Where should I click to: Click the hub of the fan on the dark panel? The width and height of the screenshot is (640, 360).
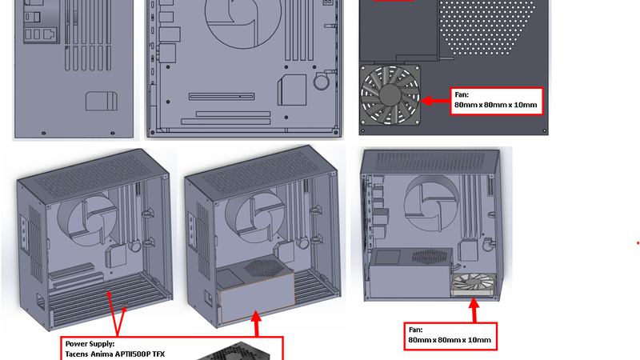pyautogui.click(x=390, y=94)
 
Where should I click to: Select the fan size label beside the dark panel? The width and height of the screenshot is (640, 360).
pyautogui.click(x=496, y=101)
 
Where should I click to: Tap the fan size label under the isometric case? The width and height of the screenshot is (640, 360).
pyautogui.click(x=450, y=336)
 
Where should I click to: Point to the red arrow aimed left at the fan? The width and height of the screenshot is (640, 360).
pyautogui.click(x=435, y=101)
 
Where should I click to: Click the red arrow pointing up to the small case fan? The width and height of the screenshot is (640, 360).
pyautogui.click(x=474, y=310)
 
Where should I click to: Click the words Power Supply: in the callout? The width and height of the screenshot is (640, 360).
pyautogui.click(x=90, y=344)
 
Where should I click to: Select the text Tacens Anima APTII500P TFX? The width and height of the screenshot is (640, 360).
pyautogui.click(x=115, y=354)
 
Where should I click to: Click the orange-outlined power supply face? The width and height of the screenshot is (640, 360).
pyautogui.click(x=257, y=298)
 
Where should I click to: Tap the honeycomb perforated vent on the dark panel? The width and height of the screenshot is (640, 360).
pyautogui.click(x=486, y=27)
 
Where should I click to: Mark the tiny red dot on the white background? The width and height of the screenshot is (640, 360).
pyautogui.click(x=638, y=243)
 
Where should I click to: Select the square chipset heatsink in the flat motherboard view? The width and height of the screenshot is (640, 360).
pyautogui.click(x=292, y=90)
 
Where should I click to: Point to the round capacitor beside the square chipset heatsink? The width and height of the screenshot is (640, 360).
pyautogui.click(x=322, y=82)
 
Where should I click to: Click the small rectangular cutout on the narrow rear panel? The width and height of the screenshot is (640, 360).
pyautogui.click(x=102, y=101)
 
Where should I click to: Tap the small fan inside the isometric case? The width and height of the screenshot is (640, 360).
pyautogui.click(x=474, y=285)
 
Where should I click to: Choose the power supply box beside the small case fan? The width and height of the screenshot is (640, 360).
pyautogui.click(x=410, y=274)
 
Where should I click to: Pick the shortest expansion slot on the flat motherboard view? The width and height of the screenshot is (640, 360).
pyautogui.click(x=222, y=97)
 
